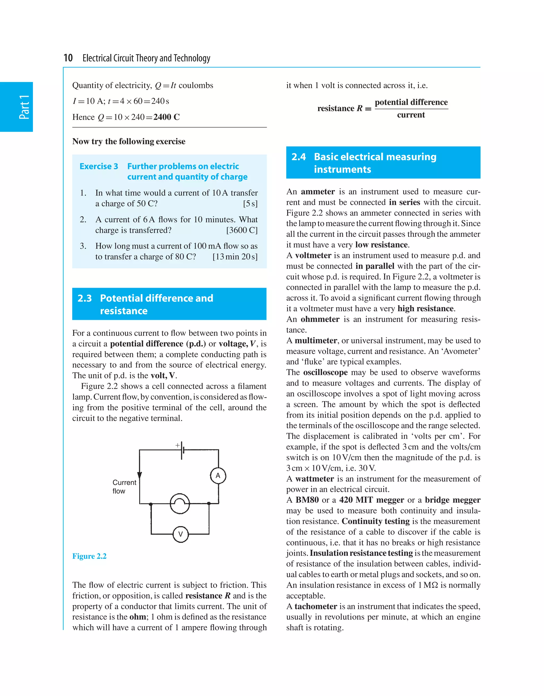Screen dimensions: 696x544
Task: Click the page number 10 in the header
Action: tap(68, 58)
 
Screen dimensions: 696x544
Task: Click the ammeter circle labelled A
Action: tap(218, 476)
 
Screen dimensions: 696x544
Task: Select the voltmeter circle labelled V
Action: tap(180, 534)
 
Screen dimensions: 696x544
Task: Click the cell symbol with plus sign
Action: tap(182, 450)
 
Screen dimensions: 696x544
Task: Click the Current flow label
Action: tap(124, 487)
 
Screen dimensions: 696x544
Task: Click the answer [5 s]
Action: tap(250, 204)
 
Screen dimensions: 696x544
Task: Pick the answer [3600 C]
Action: tap(242, 230)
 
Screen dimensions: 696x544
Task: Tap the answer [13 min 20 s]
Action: tap(235, 257)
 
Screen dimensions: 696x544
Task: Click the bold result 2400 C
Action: tap(166, 117)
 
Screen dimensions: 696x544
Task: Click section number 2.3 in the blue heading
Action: tap(84, 298)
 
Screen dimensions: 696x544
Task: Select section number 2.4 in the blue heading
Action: tap(298, 157)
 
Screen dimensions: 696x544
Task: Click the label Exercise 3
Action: tap(99, 166)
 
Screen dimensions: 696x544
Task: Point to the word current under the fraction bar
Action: tap(411, 115)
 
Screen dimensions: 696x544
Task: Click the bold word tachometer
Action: tap(316, 606)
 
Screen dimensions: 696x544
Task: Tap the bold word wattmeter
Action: tap(314, 479)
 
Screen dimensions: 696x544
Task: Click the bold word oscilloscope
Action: tap(325, 372)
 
